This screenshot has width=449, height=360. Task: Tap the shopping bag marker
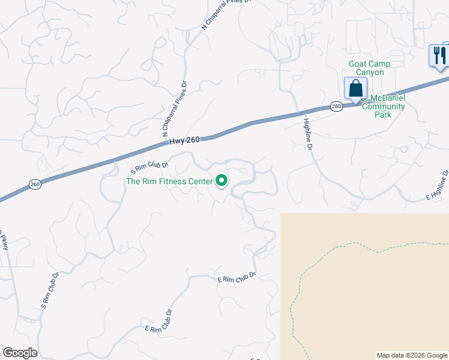tap(355, 88)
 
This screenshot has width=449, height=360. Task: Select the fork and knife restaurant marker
tap(439, 56)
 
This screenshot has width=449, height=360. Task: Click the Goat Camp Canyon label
tap(369, 68)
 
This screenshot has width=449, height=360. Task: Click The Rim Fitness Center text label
tap(169, 181)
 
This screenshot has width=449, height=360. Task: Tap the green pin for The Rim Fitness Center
tap(221, 180)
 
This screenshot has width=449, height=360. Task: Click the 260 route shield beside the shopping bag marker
tap(336, 106)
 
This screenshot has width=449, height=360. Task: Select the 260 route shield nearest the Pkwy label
tap(35, 184)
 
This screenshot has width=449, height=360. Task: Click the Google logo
tap(20, 353)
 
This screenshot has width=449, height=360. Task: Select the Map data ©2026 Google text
tap(412, 355)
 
